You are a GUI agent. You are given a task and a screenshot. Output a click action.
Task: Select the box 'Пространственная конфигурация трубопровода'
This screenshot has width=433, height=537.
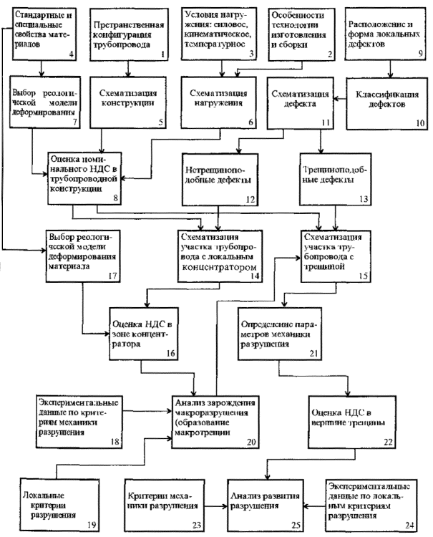click(128, 33)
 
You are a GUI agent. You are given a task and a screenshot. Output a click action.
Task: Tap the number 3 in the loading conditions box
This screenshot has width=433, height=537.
click(252, 54)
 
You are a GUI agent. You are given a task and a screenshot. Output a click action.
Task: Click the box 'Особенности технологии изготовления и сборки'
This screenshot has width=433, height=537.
click(300, 33)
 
